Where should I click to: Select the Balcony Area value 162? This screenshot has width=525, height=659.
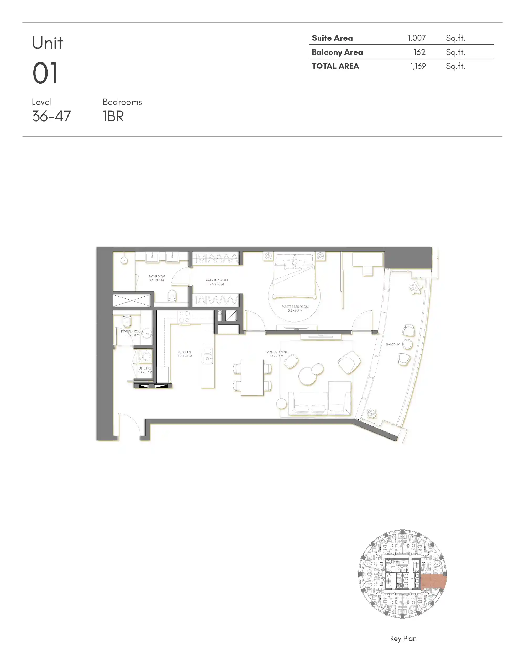tap(419, 52)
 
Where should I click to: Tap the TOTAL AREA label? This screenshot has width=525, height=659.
tap(335, 66)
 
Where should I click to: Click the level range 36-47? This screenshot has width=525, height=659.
tap(51, 116)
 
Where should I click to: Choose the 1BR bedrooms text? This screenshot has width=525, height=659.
tap(113, 116)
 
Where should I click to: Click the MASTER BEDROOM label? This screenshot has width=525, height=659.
tap(295, 307)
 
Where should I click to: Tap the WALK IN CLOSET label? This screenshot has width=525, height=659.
tap(217, 280)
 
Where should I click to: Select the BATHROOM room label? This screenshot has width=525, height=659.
tap(156, 276)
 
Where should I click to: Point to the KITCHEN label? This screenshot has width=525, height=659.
tap(185, 352)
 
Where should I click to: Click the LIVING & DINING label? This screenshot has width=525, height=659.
tap(276, 352)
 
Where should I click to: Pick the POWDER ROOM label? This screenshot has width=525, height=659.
tap(132, 331)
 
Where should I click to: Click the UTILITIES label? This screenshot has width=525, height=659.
tap(145, 368)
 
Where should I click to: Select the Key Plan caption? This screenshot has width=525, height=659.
tap(403, 639)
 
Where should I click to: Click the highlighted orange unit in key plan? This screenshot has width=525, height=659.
tap(434, 582)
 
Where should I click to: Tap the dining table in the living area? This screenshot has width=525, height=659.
tap(252, 377)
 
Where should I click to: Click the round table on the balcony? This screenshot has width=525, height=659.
tap(407, 344)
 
